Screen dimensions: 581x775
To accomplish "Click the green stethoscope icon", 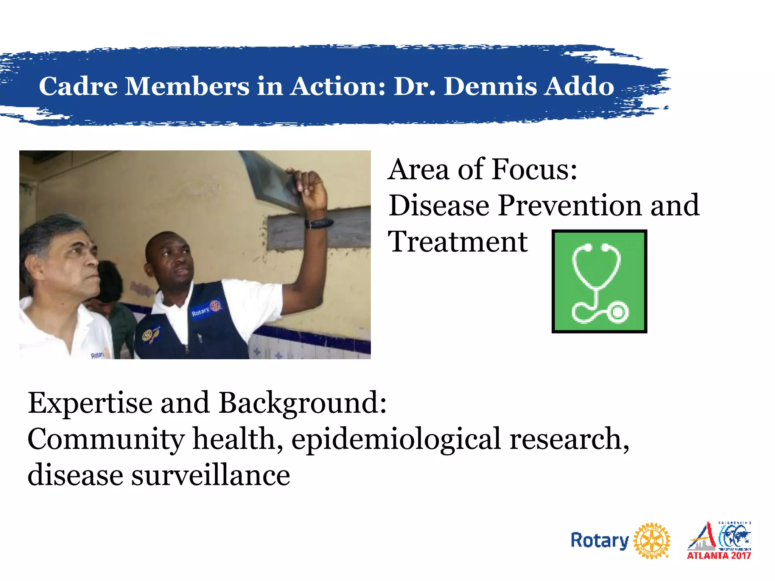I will click(x=599, y=281).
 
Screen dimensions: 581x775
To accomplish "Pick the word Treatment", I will click(x=458, y=242).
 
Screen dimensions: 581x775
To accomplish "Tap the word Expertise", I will click(x=90, y=403).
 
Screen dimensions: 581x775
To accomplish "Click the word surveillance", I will click(x=210, y=475).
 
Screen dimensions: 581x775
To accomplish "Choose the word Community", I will click(x=106, y=439).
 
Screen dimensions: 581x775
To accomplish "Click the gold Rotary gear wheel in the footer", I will click(x=652, y=541).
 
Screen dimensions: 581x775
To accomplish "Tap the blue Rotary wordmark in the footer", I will click(x=599, y=541).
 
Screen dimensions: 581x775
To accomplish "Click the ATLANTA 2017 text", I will click(x=719, y=555).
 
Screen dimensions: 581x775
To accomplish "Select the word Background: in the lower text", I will click(x=303, y=403).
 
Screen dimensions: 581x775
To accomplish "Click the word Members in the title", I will click(x=187, y=86).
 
